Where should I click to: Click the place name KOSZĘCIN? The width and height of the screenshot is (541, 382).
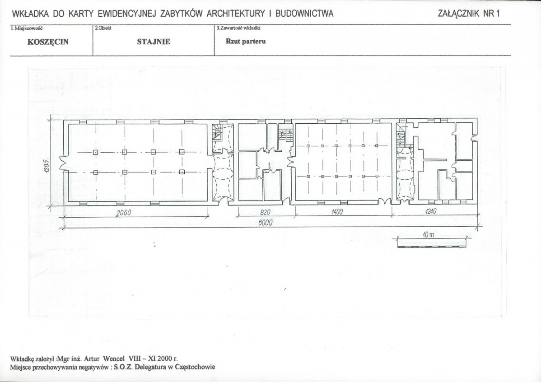pos(48,42)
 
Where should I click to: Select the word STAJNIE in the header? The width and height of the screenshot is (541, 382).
pos(154,42)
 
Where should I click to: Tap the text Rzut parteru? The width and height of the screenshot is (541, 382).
pos(246,41)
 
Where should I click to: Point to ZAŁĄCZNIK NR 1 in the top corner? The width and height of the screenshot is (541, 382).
pos(469,14)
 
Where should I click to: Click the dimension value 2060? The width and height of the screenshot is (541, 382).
pos(123,213)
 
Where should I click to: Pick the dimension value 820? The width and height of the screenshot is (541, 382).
pos(265,212)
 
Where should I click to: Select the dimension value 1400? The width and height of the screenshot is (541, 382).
pos(337,212)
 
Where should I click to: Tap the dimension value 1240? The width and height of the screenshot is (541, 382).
pos(431,211)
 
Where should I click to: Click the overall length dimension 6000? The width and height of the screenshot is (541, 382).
pos(265,223)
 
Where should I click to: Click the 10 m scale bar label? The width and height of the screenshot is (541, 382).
pos(428,235)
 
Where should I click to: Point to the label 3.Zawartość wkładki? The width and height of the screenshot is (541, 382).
pos(238,28)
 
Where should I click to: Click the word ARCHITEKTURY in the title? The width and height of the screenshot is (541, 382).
pos(236,14)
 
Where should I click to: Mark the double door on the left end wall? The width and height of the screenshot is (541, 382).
pos(63,163)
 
